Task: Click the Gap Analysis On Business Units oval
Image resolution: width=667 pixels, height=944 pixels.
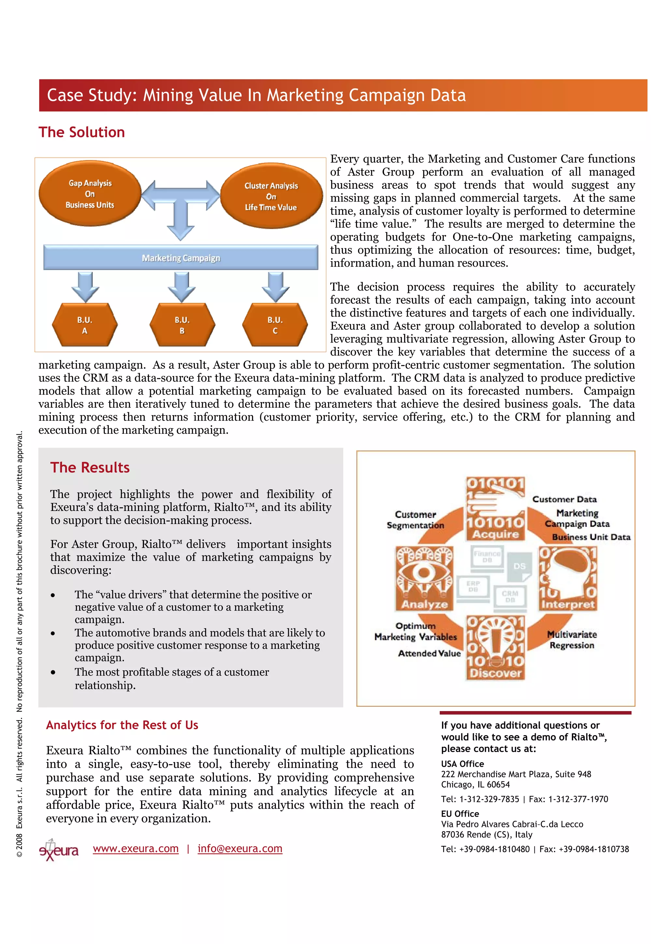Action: [90, 194]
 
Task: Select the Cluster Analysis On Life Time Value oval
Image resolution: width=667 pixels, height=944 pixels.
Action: [271, 196]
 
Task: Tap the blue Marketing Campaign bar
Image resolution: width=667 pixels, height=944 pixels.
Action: [181, 258]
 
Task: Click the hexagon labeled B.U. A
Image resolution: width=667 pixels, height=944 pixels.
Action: [85, 325]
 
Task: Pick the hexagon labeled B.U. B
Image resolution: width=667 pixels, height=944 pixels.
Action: [182, 325]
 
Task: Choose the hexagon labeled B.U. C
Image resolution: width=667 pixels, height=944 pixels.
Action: [275, 325]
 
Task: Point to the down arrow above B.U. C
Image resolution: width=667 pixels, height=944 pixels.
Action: [275, 286]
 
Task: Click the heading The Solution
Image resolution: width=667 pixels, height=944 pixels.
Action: [82, 132]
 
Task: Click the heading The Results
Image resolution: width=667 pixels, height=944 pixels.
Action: [90, 468]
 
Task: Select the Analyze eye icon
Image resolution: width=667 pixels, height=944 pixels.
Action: [424, 578]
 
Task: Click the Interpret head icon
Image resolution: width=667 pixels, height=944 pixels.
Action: [568, 578]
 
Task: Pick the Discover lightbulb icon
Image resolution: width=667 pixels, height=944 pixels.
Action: [496, 647]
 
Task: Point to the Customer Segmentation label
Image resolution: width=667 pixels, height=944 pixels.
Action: [416, 520]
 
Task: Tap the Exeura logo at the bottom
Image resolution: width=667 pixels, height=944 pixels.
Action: [58, 850]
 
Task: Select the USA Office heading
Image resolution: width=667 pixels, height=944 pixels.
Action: [462, 764]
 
